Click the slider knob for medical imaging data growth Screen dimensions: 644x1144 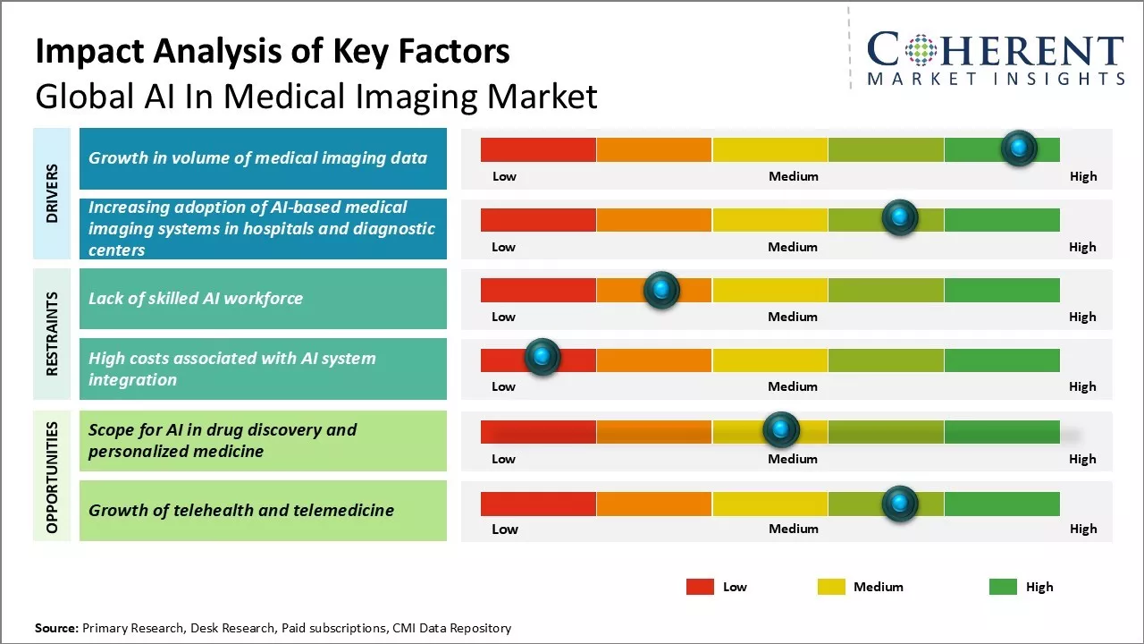tap(1019, 148)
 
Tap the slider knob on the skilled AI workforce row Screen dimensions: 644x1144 tap(661, 290)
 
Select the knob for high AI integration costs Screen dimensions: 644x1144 tap(542, 357)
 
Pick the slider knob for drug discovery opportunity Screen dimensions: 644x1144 tap(781, 430)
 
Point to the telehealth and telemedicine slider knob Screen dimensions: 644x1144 tap(900, 504)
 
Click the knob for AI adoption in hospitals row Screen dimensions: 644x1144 tap(900, 217)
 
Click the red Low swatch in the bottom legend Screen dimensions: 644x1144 tap(700, 587)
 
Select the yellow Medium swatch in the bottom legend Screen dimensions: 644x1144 tap(831, 587)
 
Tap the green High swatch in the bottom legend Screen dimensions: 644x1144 tap(1003, 587)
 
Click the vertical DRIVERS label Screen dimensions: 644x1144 tap(52, 193)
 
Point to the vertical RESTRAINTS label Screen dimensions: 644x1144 tap(52, 334)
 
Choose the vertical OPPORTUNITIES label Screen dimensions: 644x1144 tap(52, 477)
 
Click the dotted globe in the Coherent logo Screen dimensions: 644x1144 tap(920, 50)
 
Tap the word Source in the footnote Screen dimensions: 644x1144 tap(56, 628)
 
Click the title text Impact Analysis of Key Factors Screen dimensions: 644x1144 tap(273, 52)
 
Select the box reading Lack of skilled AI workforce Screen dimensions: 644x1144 tap(263, 299)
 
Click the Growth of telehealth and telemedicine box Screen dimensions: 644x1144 tap(263, 511)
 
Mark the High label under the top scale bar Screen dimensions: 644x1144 tap(1083, 176)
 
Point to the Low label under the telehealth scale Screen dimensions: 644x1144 tap(505, 529)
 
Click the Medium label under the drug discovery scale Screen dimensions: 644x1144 tap(793, 459)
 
